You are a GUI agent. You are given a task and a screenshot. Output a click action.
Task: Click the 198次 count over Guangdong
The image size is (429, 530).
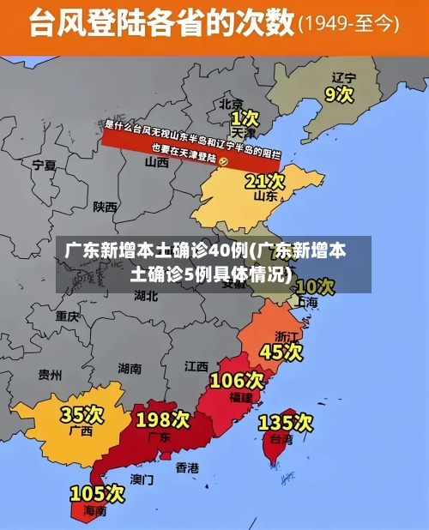coord(163,419)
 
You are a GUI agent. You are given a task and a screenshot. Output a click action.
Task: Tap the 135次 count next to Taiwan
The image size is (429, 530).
coord(286,422)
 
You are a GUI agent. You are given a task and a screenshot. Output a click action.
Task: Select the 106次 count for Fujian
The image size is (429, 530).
coord(237,380)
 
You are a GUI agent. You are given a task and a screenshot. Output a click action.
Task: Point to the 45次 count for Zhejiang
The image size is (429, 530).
coord(281,352)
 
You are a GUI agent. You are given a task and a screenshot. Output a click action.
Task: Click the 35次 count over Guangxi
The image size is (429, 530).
coord(82,415)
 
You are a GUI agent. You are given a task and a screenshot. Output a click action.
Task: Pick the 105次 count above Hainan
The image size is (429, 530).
coord(97,494)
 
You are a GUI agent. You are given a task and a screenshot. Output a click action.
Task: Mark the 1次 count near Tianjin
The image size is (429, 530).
coord(245,117)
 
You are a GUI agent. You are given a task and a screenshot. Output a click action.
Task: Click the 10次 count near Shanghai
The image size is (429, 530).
coord(314,286)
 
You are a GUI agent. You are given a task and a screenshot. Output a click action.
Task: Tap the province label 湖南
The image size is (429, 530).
coord(130,369)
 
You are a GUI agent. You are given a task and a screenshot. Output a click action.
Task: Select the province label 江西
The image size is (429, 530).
coord(196,366)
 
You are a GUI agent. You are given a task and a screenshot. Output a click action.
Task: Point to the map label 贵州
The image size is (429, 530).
coord(50,375)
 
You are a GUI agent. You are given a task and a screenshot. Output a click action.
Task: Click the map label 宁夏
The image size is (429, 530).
coord(44,164)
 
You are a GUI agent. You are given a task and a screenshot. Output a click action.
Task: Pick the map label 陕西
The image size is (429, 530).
coord(106,207)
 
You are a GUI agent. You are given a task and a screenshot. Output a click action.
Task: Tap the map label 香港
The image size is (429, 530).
coord(187,467)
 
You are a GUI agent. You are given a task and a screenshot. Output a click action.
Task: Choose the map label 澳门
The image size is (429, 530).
coord(142,479)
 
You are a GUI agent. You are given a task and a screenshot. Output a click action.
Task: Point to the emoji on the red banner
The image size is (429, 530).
coord(223,160)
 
